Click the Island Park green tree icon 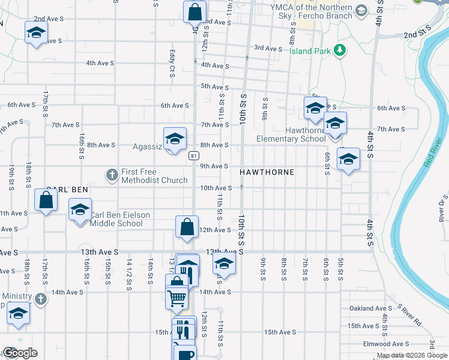[x=340, y=50]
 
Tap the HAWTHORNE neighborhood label [x=267, y=172]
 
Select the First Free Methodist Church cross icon [x=112, y=175]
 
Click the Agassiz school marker [x=174, y=139]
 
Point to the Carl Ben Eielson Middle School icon [x=79, y=211]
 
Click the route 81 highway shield [x=193, y=156]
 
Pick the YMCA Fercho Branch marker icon [x=361, y=11]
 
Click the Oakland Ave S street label [x=370, y=308]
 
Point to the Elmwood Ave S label [x=385, y=344]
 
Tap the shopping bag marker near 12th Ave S [x=187, y=227]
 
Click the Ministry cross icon [x=40, y=298]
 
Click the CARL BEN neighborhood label [x=68, y=189]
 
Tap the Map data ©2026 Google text [x=412, y=355]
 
